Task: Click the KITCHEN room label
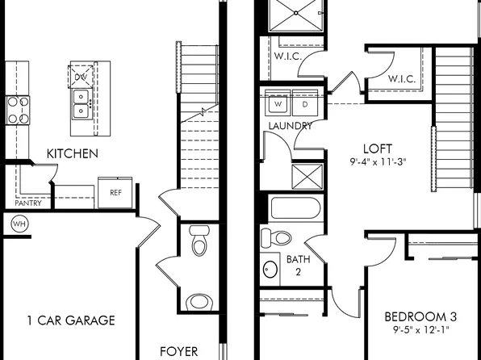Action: (73, 153)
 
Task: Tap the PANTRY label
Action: (27, 203)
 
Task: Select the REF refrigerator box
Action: (115, 193)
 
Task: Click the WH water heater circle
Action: (19, 224)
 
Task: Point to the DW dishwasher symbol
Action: (82, 77)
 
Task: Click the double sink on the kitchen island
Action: (82, 103)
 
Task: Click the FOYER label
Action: (179, 352)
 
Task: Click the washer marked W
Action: (278, 104)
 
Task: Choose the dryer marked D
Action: (304, 104)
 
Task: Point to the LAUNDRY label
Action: (291, 126)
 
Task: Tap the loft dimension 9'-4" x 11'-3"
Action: (378, 161)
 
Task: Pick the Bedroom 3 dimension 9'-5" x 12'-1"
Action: (417, 329)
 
